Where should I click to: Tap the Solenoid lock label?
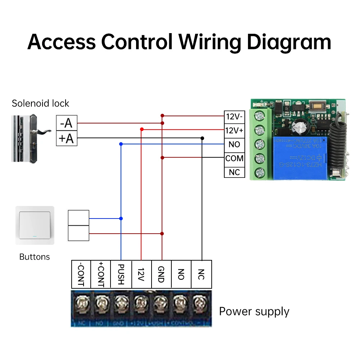(x=40, y=103)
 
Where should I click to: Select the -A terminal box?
(x=67, y=123)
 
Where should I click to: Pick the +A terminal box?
(x=67, y=138)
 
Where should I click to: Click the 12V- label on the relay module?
(x=234, y=117)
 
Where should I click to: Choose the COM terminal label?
(x=234, y=158)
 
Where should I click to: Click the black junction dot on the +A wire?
(x=202, y=138)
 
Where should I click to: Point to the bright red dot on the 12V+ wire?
(x=141, y=129)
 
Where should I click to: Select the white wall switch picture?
(x=35, y=225)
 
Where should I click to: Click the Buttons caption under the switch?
(x=35, y=257)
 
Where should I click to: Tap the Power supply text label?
(x=254, y=311)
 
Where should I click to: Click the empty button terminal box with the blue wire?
(x=78, y=218)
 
